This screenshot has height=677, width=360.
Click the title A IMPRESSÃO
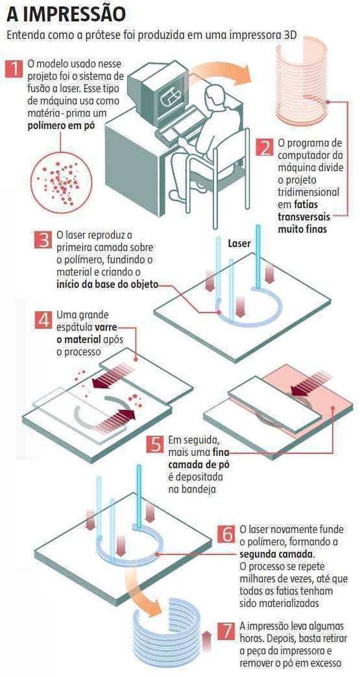point(66,14)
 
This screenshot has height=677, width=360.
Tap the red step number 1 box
point(14,69)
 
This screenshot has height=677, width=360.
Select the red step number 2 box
point(265,147)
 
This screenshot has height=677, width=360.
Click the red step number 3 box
point(43,240)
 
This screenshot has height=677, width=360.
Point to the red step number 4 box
point(43,320)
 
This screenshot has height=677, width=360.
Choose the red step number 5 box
point(155,444)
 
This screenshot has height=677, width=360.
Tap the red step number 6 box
point(226,534)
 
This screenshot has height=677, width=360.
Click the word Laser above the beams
point(239,243)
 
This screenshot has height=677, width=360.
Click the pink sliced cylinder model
point(301,80)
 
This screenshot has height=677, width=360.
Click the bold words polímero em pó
point(61,126)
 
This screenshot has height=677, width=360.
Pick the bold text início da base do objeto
point(107,285)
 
